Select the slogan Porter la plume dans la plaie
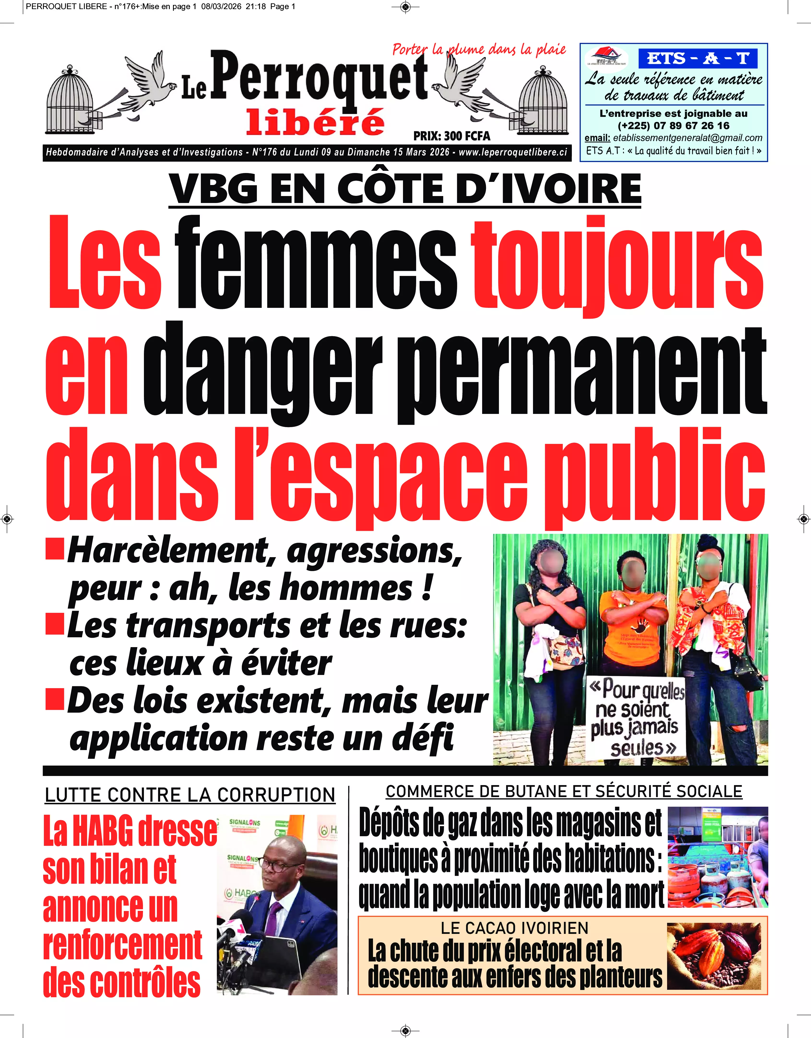(x=479, y=49)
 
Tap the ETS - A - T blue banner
(x=698, y=59)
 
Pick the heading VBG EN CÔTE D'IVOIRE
(x=405, y=189)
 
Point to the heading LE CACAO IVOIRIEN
(x=515, y=928)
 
